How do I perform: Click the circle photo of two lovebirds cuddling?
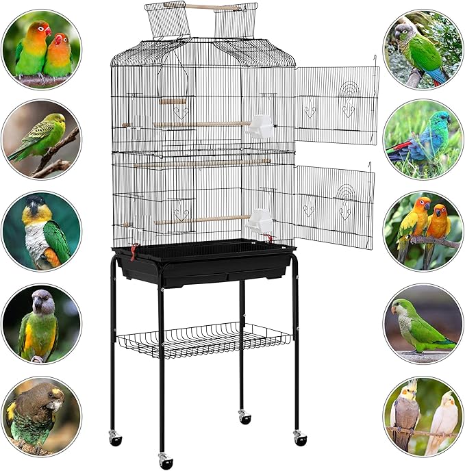41,50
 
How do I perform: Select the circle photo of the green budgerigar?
41,141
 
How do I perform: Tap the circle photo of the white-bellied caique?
41,231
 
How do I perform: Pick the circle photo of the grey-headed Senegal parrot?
41,322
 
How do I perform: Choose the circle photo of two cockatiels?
423,415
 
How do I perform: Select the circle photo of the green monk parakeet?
423,324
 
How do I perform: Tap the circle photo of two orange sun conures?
423,231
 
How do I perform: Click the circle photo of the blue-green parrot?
423,140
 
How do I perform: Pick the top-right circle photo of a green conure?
423,49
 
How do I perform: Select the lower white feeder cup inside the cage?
260,220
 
